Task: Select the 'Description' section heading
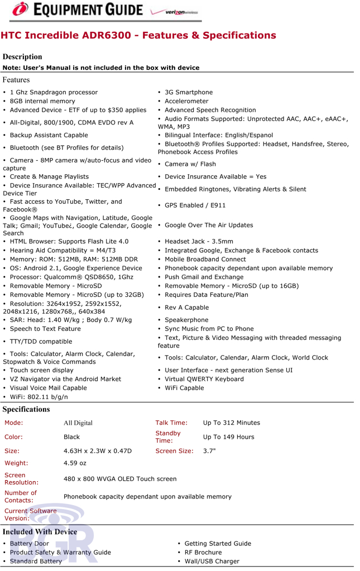[22, 56]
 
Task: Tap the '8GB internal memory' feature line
[42, 101]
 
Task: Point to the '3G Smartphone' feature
[189, 92]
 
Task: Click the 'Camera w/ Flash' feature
[190, 164]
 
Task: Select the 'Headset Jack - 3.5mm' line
[199, 242]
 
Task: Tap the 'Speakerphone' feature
[186, 320]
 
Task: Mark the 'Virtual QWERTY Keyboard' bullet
[204, 379]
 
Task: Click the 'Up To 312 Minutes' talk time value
[232, 423]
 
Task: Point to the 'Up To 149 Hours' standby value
[229, 437]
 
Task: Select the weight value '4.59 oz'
[75, 463]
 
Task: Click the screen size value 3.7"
[209, 451]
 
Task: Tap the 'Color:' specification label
[14, 437]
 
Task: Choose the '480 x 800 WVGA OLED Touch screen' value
[120, 479]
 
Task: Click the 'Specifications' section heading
[26, 409]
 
